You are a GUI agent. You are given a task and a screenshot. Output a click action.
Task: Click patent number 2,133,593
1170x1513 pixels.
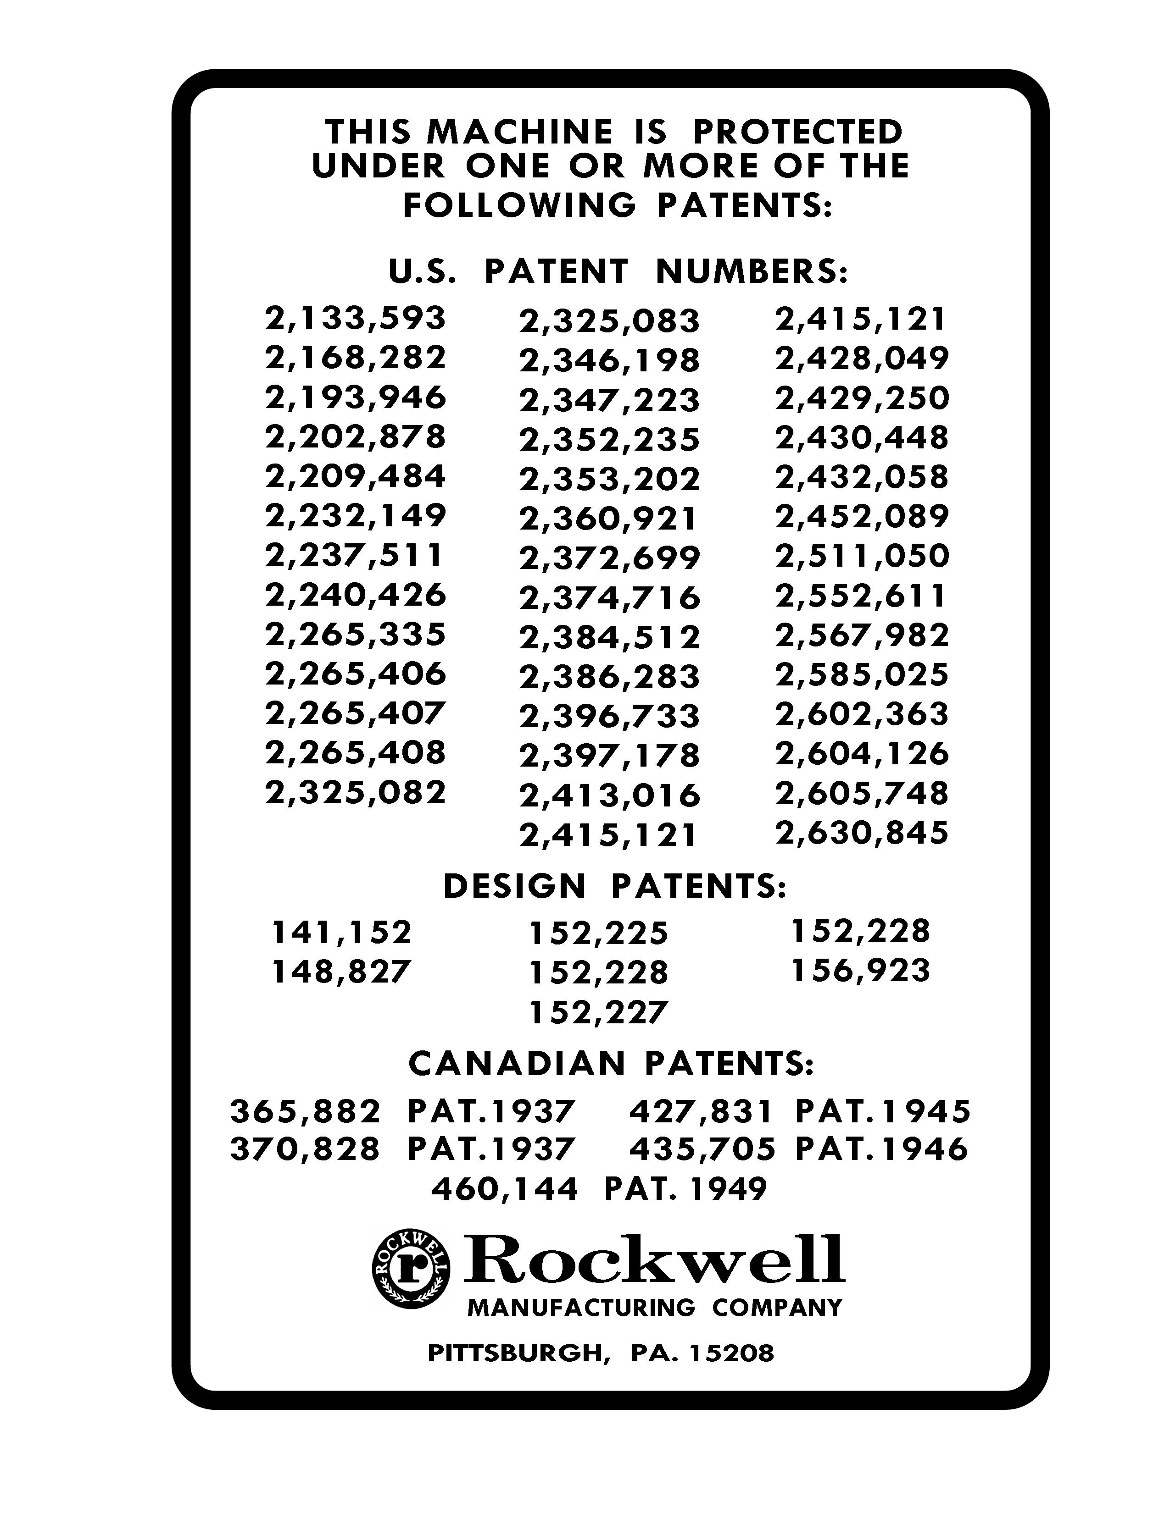tap(355, 319)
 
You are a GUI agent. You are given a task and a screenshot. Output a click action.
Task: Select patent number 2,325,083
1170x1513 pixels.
tap(609, 321)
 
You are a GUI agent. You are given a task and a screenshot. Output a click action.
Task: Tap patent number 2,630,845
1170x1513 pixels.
tap(862, 833)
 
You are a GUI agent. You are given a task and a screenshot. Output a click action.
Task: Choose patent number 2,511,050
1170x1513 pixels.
tap(862, 556)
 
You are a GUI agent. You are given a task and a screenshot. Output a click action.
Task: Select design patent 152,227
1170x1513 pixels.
tap(597, 1012)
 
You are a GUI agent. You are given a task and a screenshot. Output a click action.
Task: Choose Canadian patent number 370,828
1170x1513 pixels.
tap(305, 1149)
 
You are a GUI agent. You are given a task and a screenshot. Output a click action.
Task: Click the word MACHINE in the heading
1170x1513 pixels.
tap(519, 132)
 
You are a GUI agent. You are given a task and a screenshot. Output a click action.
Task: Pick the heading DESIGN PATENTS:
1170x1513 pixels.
tap(615, 887)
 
